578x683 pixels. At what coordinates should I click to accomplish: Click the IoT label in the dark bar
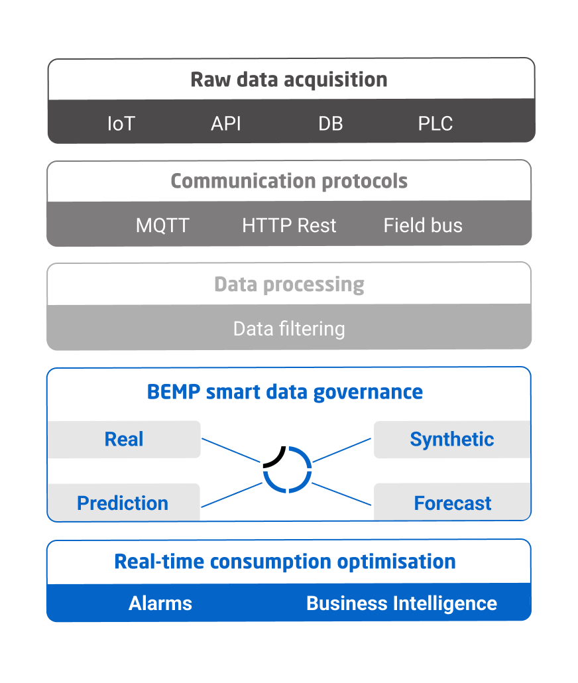[x=121, y=124]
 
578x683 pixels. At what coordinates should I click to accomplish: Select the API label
[x=225, y=124]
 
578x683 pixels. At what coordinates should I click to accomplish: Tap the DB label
[x=331, y=124]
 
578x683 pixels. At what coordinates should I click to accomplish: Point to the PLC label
[x=435, y=124]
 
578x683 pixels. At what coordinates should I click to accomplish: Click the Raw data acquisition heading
[x=289, y=80]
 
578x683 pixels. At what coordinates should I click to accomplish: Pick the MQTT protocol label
[x=162, y=225]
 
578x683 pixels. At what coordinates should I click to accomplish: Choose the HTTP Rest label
[x=289, y=225]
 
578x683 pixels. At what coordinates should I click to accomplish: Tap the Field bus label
[x=422, y=225]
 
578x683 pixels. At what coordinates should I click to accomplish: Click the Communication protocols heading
[x=289, y=181]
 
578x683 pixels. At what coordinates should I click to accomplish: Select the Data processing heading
[x=289, y=284]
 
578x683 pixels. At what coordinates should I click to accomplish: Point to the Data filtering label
[x=289, y=329]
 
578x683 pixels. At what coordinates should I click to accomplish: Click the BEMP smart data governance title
[x=284, y=392]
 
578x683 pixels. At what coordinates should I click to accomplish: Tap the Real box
[x=124, y=439]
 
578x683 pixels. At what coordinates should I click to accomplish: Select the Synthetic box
[x=452, y=439]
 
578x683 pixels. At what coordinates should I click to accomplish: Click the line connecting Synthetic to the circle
[x=342, y=450]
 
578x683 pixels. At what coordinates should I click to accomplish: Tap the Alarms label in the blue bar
[x=160, y=603]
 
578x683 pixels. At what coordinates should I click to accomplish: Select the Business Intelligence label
[x=402, y=603]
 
